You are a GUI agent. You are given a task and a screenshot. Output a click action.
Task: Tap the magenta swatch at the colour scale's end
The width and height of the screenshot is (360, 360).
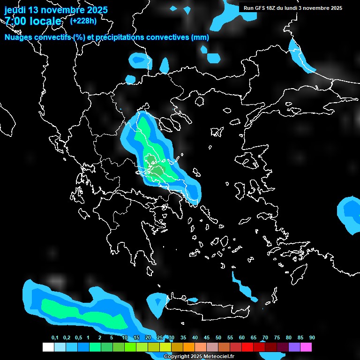(x=306, y=347)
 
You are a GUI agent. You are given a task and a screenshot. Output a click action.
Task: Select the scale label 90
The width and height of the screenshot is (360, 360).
(x=312, y=338)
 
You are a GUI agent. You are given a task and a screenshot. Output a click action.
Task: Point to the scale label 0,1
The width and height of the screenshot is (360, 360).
(x=55, y=338)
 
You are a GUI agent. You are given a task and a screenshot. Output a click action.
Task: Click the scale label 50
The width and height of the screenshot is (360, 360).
(x=218, y=338)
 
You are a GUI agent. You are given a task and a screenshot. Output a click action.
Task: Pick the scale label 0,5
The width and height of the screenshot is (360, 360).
(x=78, y=338)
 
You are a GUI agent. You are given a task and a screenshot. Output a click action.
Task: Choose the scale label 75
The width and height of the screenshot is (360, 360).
(x=277, y=338)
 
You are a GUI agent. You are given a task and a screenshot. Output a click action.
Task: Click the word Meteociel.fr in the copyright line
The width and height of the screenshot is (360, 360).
(x=219, y=357)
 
